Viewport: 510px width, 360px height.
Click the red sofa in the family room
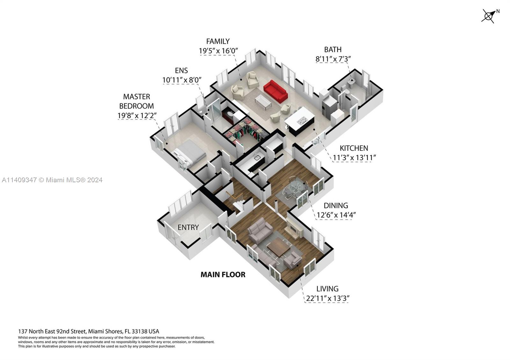(275, 90)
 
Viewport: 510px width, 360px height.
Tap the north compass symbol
(489, 16)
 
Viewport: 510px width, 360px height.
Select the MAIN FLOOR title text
(223, 275)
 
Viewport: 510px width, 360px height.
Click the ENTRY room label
(188, 227)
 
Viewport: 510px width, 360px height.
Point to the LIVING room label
(327, 289)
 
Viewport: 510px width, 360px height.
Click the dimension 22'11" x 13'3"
(327, 299)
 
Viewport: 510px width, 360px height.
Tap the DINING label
(336, 205)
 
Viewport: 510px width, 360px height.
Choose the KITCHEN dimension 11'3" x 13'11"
(354, 157)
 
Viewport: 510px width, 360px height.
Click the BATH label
(332, 50)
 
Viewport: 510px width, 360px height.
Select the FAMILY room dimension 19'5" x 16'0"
(218, 51)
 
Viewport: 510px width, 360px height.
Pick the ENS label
(181, 70)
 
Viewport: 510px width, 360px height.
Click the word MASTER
(136, 97)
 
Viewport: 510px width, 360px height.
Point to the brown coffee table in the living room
(278, 247)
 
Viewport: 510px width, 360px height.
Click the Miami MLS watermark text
(52, 180)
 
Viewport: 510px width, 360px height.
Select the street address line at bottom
(89, 331)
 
